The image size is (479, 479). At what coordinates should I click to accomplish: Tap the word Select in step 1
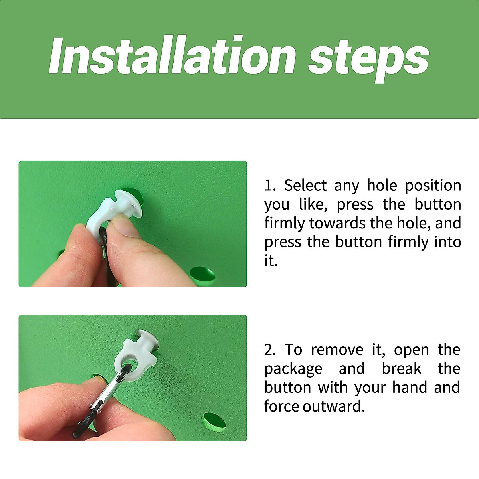(305, 186)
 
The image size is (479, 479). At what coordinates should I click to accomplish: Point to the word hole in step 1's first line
(382, 185)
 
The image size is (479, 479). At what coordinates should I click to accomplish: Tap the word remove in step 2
(337, 350)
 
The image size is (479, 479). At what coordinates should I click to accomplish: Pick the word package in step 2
(293, 370)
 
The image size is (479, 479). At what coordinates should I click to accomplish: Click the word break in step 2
(402, 369)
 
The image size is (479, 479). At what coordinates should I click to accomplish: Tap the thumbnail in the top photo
(123, 228)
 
